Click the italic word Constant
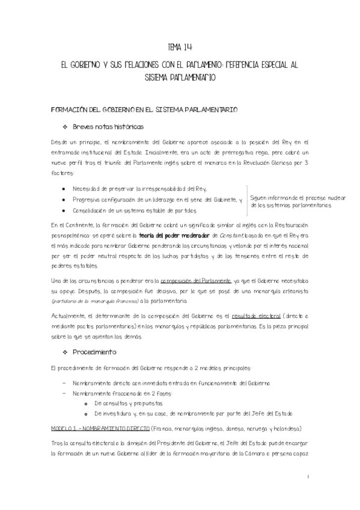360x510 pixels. [215, 235]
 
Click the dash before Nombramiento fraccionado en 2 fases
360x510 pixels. [64, 393]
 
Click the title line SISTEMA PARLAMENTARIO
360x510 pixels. [180, 78]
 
